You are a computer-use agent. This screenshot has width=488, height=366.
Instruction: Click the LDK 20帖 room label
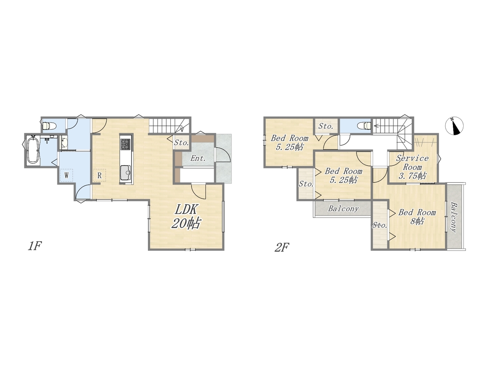pos(186,216)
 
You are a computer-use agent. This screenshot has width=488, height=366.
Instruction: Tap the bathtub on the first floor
pos(33,150)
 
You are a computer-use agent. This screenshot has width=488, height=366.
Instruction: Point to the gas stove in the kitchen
pos(125,144)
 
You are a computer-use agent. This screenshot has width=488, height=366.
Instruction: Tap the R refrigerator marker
pos(100,175)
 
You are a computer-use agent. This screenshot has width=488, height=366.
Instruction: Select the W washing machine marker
pos(66,175)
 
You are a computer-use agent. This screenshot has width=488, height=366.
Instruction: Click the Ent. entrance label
pos(198,158)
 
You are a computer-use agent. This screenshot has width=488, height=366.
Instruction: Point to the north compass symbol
pos(454,126)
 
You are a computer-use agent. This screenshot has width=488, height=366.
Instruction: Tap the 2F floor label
pos(282,247)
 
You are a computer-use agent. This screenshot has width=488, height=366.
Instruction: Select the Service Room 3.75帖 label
pos(412,167)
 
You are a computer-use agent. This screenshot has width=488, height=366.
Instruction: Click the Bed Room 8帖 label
pos(417,217)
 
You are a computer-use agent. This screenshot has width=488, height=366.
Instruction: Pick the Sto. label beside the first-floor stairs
pos(181,143)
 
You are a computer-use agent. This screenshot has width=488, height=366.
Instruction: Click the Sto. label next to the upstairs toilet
pos(326,126)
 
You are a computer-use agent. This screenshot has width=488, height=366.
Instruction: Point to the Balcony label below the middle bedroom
pos(344,209)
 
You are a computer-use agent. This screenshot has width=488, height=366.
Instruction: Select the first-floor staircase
pos(169,125)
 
